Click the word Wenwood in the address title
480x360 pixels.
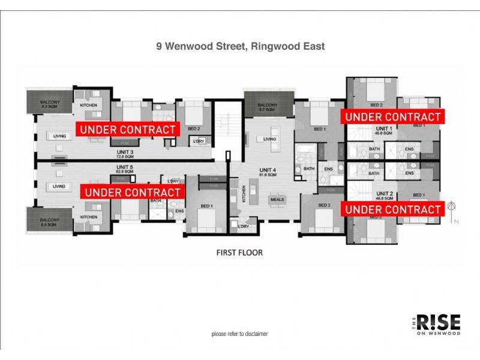190,46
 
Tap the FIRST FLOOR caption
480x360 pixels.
239,253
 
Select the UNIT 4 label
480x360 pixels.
266,170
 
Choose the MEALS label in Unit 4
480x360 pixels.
277,199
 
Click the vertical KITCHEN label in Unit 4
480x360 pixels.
244,196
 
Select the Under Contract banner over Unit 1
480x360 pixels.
392,116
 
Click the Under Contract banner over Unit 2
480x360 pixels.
392,209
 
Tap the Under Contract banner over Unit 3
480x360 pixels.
128,129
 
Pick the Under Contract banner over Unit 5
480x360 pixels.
133,192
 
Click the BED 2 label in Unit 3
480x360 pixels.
194,129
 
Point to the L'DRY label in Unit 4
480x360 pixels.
243,226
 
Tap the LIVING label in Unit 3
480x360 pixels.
59,136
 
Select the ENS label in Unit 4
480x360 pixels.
328,169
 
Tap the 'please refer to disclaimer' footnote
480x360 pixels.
239,334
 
